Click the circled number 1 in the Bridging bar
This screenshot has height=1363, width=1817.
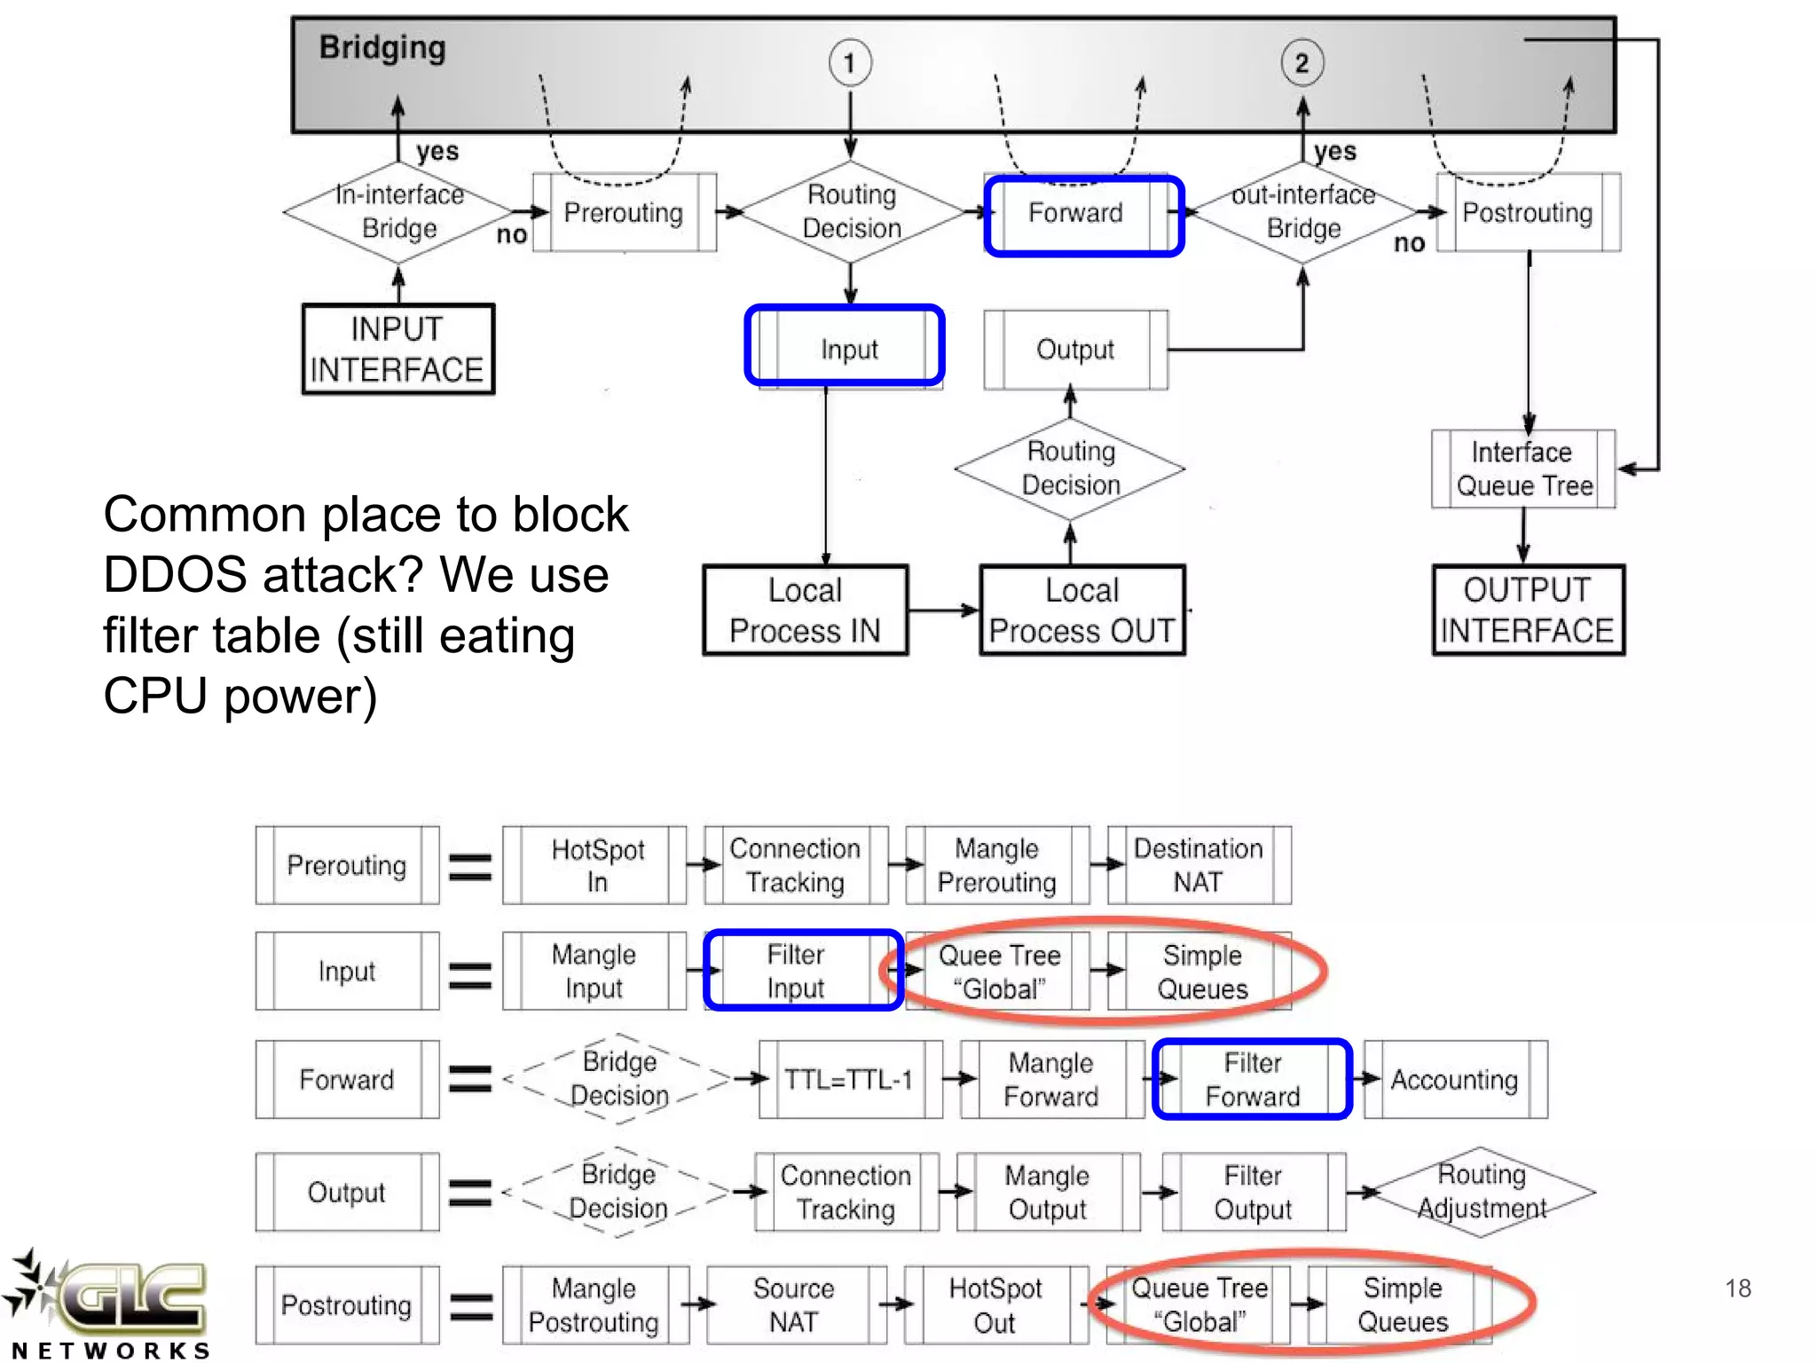click(850, 63)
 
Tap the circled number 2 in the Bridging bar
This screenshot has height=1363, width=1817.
click(1302, 63)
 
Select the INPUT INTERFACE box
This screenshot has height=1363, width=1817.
click(397, 349)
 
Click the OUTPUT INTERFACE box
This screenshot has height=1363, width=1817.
click(1527, 610)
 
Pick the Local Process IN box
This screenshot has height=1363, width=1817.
click(805, 610)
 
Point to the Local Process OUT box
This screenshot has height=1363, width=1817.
click(1082, 610)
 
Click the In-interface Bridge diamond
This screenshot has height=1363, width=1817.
click(398, 212)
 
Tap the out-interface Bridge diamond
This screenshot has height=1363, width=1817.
click(1302, 212)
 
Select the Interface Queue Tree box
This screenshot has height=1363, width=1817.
click(1523, 469)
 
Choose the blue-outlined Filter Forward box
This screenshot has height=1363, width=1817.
click(1252, 1079)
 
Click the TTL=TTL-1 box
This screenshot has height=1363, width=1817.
click(849, 1079)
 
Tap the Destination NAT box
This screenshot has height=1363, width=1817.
click(1199, 865)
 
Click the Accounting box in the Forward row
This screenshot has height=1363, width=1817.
click(1455, 1079)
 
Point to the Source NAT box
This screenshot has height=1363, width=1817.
click(795, 1304)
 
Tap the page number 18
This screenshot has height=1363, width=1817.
click(1738, 1288)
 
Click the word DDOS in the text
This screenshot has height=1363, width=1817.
click(175, 575)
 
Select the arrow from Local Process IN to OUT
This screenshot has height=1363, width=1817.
click(942, 610)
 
